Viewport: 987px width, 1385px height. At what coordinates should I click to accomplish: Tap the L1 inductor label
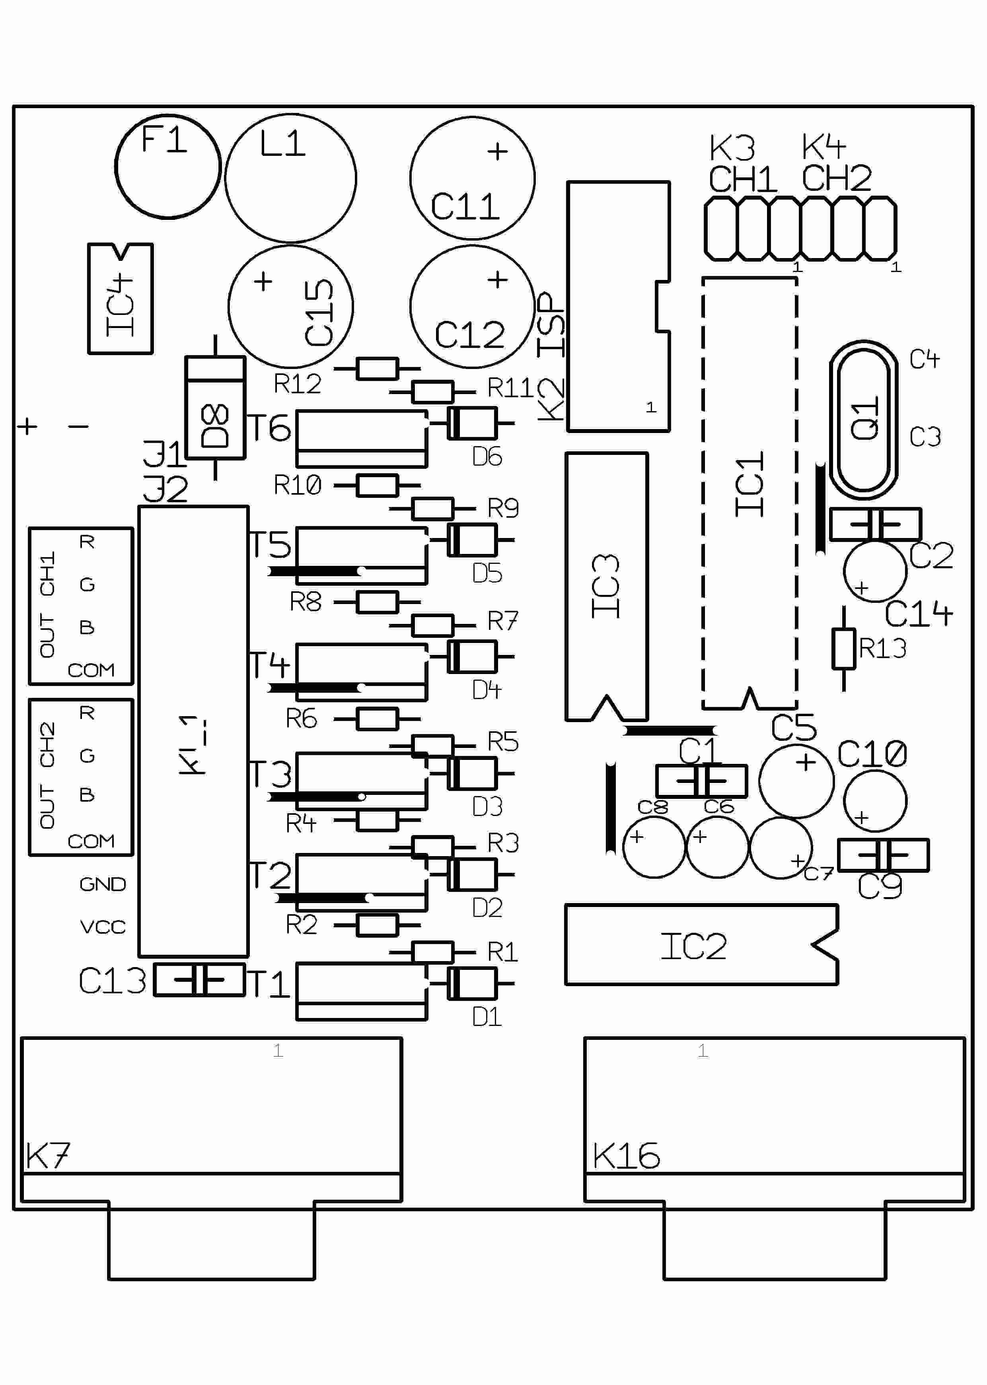click(x=282, y=144)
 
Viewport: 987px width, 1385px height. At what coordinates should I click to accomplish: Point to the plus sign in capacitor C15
click(x=263, y=281)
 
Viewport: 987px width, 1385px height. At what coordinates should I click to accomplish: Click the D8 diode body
click(x=215, y=408)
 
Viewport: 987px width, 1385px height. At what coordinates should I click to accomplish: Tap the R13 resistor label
click(x=882, y=649)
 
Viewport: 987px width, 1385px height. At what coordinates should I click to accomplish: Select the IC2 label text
click(x=693, y=946)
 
